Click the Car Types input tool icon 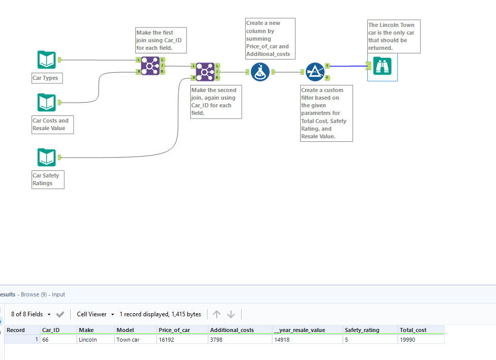pyautogui.click(x=46, y=60)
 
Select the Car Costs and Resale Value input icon pyautogui.click(x=46, y=102)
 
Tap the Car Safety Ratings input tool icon pyautogui.click(x=46, y=157)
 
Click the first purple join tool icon pyautogui.click(x=150, y=66)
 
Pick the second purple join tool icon pyautogui.click(x=205, y=72)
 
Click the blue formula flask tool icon pyautogui.click(x=260, y=72)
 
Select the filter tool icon pyautogui.click(x=315, y=72)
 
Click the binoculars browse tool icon pyautogui.click(x=382, y=66)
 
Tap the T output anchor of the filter pyautogui.click(x=328, y=66)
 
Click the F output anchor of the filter pyautogui.click(x=328, y=78)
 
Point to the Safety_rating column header pyautogui.click(x=362, y=330)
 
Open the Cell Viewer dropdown pyautogui.click(x=95, y=314)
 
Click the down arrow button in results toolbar pyautogui.click(x=231, y=314)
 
